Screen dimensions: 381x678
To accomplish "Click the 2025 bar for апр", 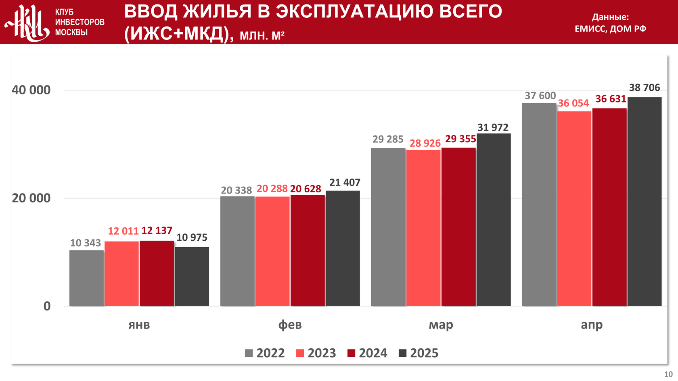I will tap(645, 202).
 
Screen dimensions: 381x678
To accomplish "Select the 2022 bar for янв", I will tap(86, 278).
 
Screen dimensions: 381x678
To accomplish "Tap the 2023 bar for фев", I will tap(272, 251).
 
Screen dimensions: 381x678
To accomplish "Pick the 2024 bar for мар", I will tap(458, 227).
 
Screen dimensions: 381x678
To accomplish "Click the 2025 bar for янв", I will tap(192, 277).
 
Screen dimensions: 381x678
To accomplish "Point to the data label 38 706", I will tap(645, 88).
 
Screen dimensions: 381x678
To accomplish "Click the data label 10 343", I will tap(86, 243).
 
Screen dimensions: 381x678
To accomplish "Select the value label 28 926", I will tap(425, 144).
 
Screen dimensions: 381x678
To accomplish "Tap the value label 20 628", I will tap(306, 189).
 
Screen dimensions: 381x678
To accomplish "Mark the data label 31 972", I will tap(493, 128).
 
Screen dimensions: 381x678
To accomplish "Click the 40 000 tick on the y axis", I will tap(31, 90).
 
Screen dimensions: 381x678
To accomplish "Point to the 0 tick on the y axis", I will tap(47, 306).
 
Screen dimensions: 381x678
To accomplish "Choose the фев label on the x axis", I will tap(290, 325).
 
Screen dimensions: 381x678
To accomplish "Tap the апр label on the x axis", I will tap(592, 325).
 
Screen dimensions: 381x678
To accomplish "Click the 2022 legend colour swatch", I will tap(249, 354).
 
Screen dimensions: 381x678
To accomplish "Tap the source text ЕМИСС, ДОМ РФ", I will tap(610, 29).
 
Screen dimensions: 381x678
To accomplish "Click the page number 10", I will tap(668, 374).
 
